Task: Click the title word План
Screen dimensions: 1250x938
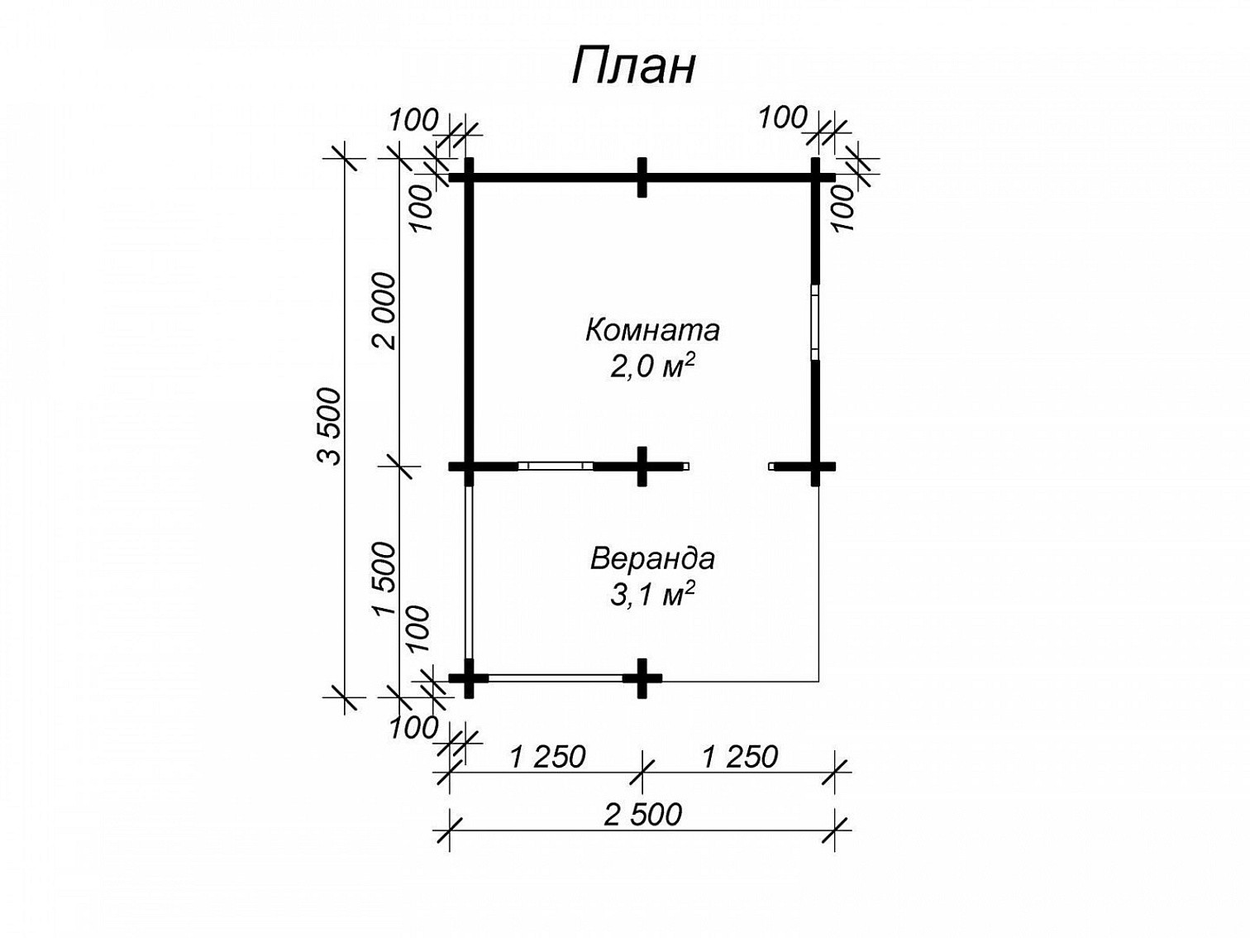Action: [x=633, y=66]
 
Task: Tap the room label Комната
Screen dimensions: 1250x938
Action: [x=652, y=330]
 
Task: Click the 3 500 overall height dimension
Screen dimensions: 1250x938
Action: [x=330, y=427]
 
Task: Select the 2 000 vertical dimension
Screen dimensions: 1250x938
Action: [x=383, y=311]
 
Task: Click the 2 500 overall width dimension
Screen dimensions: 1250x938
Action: [x=642, y=815]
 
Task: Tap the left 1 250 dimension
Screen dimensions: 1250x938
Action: [x=547, y=757]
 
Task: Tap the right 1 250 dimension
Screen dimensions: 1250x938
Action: [x=740, y=757]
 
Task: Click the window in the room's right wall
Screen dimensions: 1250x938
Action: [x=815, y=323]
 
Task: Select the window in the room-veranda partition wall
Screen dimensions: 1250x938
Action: [x=556, y=467]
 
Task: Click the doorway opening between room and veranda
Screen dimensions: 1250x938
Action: [x=728, y=467]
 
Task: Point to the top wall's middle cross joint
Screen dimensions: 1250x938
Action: [x=642, y=178]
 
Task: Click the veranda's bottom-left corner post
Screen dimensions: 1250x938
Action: [x=469, y=678]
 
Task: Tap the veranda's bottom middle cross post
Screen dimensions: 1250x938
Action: [x=642, y=678]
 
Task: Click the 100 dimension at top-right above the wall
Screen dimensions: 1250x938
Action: [x=783, y=118]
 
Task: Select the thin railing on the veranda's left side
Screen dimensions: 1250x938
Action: [x=469, y=572]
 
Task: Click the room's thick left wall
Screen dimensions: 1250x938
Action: [x=469, y=322]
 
